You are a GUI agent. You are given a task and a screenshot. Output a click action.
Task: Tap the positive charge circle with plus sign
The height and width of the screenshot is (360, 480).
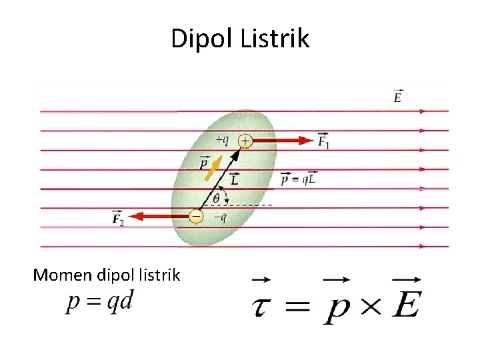(245, 141)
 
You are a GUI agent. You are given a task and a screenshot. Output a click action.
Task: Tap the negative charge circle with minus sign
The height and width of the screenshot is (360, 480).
(195, 217)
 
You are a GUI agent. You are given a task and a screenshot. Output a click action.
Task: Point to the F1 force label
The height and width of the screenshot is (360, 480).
(323, 141)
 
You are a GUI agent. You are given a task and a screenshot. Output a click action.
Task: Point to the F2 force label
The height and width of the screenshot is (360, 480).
(117, 217)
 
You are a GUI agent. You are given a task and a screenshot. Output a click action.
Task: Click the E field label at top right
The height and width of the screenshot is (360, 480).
(398, 97)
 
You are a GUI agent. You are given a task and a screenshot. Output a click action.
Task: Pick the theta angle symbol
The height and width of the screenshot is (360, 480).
(216, 199)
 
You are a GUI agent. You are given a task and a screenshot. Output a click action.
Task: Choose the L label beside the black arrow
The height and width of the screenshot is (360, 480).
(235, 178)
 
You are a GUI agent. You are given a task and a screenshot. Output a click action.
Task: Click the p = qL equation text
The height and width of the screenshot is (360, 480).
(298, 179)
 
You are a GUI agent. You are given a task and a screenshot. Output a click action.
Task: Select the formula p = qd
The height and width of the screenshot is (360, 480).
(100, 301)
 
